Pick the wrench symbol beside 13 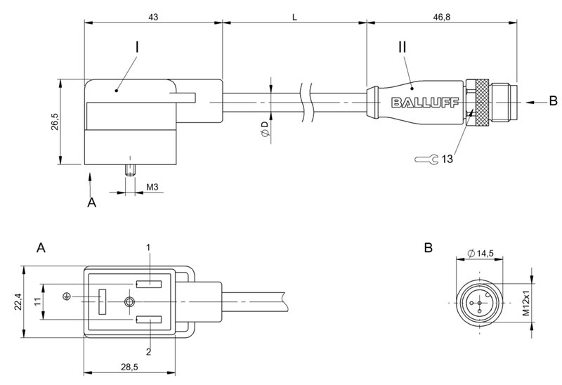(425, 159)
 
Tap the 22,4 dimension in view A (19, 302)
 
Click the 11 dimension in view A (36, 302)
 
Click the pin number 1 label (148, 247)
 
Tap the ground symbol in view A (66, 296)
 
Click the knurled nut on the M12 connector (481, 102)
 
